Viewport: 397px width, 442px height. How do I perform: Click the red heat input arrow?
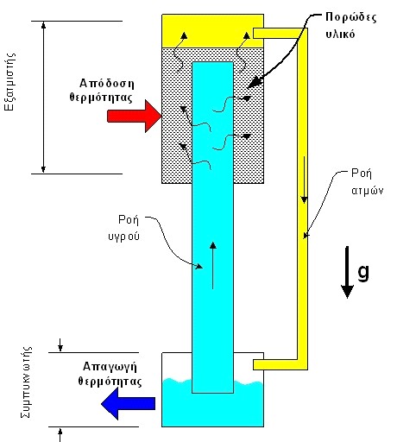click(x=134, y=117)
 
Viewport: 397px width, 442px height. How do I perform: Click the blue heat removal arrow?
click(x=129, y=403)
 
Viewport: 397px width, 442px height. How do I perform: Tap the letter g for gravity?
click(x=363, y=272)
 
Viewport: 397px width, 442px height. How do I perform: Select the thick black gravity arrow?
click(x=347, y=272)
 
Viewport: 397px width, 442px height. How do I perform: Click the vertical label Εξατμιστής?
click(x=10, y=82)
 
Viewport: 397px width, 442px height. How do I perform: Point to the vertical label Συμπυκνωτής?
click(x=27, y=382)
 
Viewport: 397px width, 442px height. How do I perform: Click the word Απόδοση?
click(x=107, y=84)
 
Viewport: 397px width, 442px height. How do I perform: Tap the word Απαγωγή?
click(x=110, y=367)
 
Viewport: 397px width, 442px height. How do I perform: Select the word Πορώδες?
click(x=350, y=18)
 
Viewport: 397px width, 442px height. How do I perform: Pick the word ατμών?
click(x=368, y=190)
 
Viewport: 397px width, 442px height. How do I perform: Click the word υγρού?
click(x=124, y=236)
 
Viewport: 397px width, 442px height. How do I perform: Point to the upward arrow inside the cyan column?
click(x=212, y=265)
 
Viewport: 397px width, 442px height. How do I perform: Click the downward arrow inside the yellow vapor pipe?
click(x=304, y=180)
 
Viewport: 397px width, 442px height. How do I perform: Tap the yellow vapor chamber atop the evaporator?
click(x=212, y=31)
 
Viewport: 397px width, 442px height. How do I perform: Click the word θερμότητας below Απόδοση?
click(x=101, y=98)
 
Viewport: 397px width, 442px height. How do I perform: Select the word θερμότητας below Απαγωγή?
click(x=110, y=382)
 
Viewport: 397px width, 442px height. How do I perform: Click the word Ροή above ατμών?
click(x=362, y=174)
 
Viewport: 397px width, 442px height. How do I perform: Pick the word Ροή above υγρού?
click(x=129, y=220)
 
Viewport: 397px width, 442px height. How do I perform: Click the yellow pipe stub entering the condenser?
click(x=275, y=364)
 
